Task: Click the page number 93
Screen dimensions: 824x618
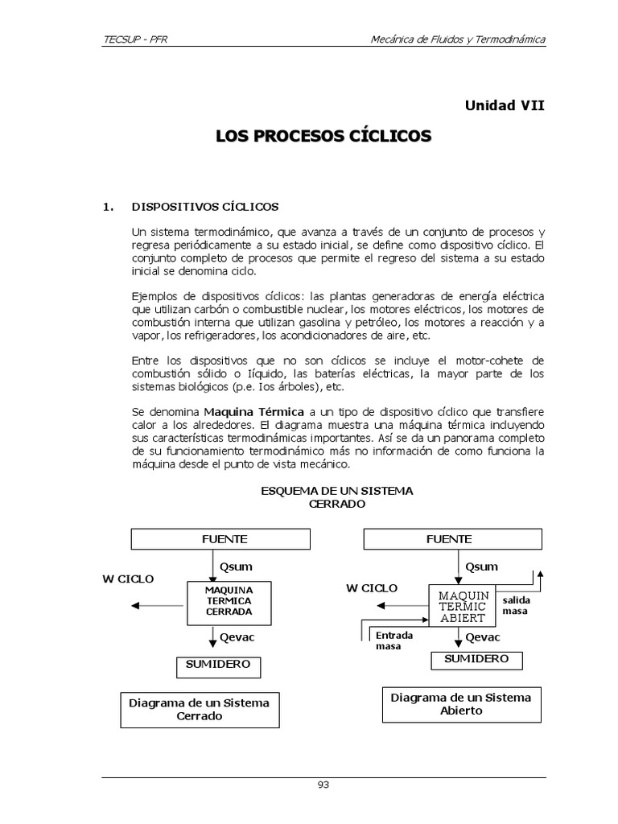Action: pos(323,786)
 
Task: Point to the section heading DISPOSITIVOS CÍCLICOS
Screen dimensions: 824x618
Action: pos(205,206)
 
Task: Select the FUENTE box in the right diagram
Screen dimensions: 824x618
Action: pos(449,539)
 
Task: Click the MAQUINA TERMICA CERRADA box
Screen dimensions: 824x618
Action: pos(218,601)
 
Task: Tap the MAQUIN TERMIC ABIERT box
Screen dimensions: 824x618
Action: pos(461,607)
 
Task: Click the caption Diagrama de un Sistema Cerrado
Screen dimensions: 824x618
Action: pos(200,709)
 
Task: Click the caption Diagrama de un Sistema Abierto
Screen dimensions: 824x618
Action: pos(460,704)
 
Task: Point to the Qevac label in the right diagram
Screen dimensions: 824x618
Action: pos(482,637)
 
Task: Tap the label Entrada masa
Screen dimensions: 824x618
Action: pos(394,641)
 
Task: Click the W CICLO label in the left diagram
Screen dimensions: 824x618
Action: pos(127,579)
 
